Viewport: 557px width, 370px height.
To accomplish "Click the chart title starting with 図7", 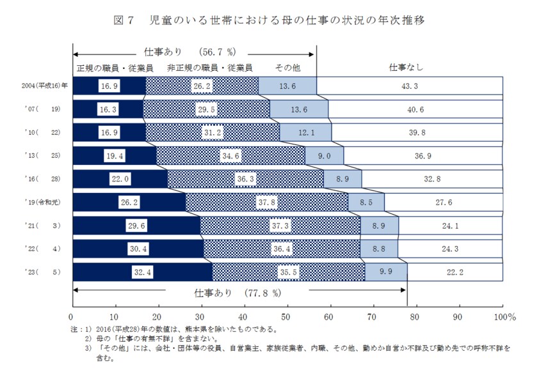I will [269, 20].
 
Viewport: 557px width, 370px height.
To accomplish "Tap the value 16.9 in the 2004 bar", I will [109, 86].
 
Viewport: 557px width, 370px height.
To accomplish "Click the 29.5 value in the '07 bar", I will [206, 109].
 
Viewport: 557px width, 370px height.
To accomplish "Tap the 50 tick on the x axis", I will [286, 316].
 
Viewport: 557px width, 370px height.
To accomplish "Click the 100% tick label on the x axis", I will [504, 316].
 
